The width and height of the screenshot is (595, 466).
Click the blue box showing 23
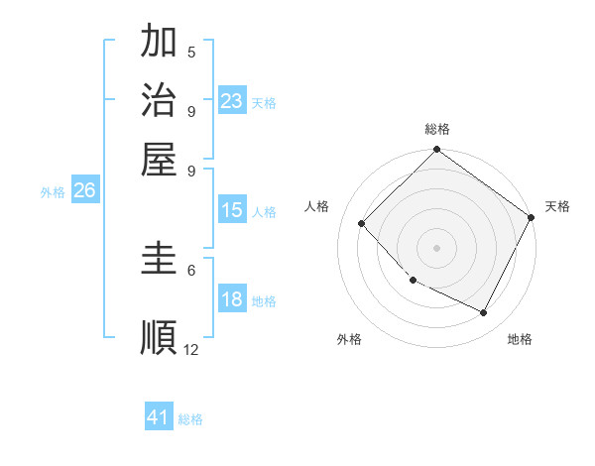pos(231,101)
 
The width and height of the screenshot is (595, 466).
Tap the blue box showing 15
pos(231,210)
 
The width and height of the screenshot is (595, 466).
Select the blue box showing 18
pos(231,300)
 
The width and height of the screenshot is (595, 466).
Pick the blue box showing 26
pos(84,191)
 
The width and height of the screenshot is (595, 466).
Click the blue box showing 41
pos(159,417)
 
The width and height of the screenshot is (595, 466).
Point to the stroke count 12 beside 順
pos(191,349)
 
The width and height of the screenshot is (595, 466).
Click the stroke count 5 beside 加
pos(191,52)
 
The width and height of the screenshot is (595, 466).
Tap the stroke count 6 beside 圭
pos(191,270)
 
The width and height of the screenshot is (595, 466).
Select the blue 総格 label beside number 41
pos(190,419)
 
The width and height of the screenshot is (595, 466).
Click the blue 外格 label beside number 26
pos(53,193)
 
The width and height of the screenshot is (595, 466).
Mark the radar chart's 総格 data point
pos(436,151)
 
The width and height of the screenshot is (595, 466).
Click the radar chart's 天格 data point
pos(531,218)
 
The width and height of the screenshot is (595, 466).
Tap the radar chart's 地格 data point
pos(484,312)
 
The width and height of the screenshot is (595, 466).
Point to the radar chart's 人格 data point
pos(362,223)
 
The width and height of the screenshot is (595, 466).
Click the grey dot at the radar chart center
pos(436,248)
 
